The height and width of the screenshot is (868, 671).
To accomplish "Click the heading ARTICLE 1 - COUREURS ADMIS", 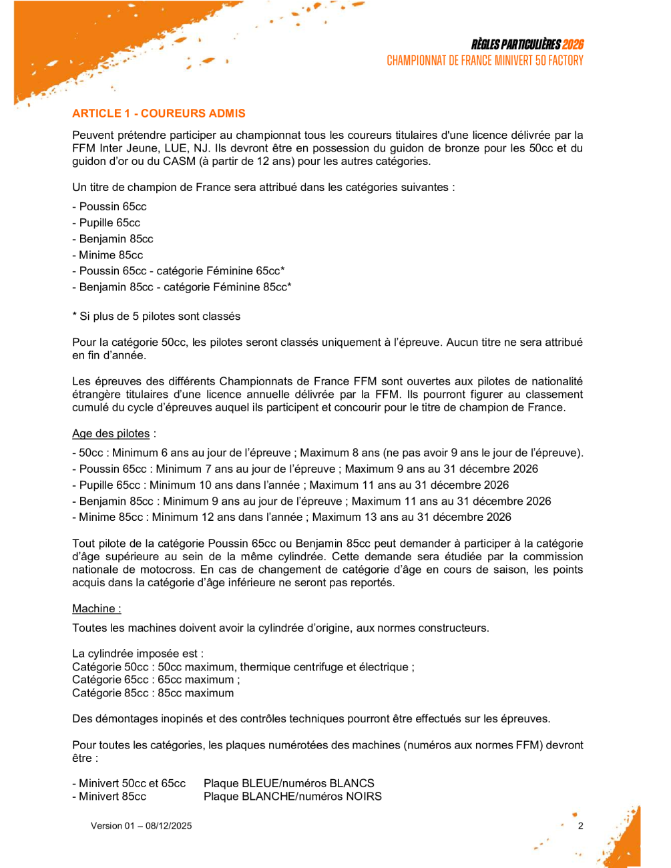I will coord(159,114).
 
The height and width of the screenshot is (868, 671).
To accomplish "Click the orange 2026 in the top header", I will coord(573,45).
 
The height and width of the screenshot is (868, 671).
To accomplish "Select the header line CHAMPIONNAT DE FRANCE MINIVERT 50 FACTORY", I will coord(485,61).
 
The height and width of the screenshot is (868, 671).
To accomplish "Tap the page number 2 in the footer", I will coord(580,826).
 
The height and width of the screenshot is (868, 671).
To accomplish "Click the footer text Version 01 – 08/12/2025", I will coord(142,826).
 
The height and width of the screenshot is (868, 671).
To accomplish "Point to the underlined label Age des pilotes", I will coord(111,434).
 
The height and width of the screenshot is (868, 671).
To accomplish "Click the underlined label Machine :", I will coord(97,609).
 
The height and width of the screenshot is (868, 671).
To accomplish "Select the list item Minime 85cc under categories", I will coord(107,255).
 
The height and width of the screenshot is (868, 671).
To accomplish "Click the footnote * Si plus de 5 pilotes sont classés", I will coord(156,316).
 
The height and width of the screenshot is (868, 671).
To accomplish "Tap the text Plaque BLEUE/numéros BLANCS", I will coord(289,784).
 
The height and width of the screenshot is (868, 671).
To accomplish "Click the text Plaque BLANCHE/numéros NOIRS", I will coord(292,797).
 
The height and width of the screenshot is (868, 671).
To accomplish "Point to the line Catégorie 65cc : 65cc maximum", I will coord(156,680).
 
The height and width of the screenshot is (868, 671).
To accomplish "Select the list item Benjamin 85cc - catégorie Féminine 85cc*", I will coord(182,287).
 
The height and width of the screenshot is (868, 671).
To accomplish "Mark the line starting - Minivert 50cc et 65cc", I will coord(129,784).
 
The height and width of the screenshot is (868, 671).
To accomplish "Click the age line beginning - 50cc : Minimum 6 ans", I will coord(327,453).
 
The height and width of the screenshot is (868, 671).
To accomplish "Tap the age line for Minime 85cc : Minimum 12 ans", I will coord(292,517).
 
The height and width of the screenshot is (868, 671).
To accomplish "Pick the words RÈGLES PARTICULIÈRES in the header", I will coord(515,45).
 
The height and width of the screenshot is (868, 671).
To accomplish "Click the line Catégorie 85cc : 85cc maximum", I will coord(153,693).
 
